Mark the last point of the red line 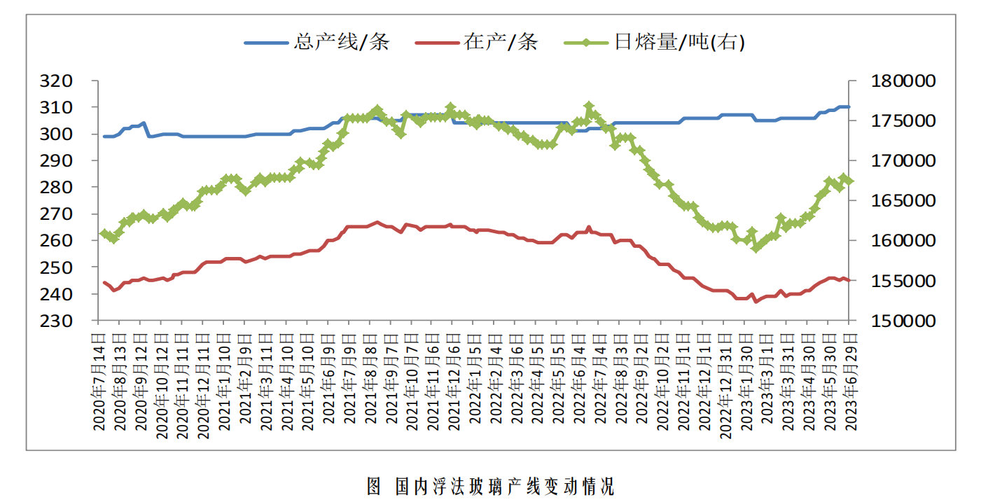click(849, 281)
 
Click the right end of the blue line click(849, 107)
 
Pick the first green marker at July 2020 click(104, 234)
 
